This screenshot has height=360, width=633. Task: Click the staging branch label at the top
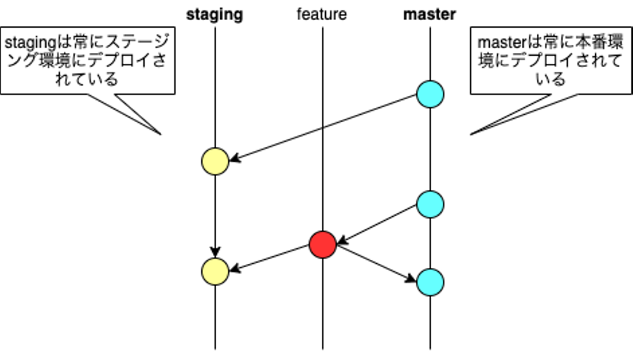tap(215, 15)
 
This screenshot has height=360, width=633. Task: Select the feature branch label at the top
tap(322, 15)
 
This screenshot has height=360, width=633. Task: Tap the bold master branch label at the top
tap(429, 15)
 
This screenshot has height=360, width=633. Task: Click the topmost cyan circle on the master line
tap(430, 94)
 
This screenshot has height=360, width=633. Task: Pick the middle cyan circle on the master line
tap(430, 204)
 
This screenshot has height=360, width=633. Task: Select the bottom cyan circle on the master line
tap(430, 282)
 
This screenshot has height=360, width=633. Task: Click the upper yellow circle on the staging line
tap(215, 161)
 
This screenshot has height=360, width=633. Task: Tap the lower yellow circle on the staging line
tap(215, 272)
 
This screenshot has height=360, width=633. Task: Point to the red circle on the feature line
tap(323, 244)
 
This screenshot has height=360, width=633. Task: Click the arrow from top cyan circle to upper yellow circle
tap(323, 128)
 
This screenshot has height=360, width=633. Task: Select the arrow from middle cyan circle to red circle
tap(377, 224)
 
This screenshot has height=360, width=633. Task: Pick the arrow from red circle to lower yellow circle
tap(269, 258)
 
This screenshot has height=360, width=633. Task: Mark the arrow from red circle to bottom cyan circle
tap(376, 263)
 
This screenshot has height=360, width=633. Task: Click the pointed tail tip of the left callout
tap(161, 134)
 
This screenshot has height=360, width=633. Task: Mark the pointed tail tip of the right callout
tap(471, 134)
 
